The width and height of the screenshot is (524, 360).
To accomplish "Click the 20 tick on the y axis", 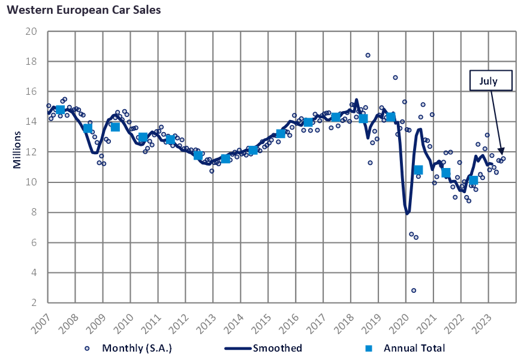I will [34, 31].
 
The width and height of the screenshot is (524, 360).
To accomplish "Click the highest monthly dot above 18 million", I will [368, 55].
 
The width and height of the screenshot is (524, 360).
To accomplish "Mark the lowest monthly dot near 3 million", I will [414, 290].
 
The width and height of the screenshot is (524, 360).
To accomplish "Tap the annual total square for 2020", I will [418, 170].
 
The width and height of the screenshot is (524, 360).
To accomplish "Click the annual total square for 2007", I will [60, 110].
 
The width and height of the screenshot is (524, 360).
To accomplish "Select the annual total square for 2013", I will [225, 159].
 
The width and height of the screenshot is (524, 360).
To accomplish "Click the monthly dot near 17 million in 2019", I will [395, 77].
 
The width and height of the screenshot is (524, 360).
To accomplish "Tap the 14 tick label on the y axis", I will [34, 122].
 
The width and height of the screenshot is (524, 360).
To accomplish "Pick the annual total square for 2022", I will [473, 180].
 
